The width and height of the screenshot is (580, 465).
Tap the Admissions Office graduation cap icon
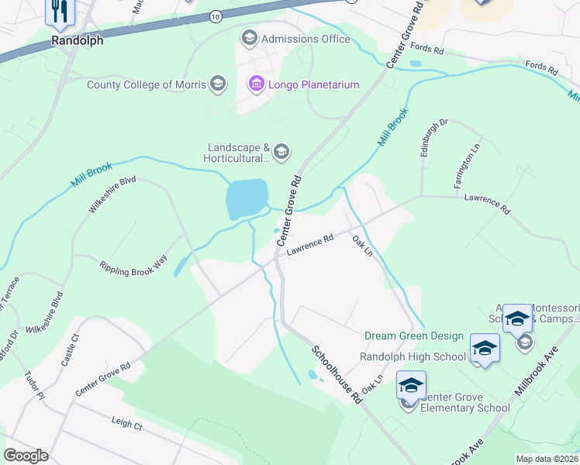click(x=249, y=37)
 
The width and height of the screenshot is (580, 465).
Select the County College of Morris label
click(x=146, y=84)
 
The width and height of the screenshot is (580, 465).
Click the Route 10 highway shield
click(x=215, y=15)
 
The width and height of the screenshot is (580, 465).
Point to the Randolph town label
click(x=77, y=41)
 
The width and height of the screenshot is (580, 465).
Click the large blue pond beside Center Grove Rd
click(x=247, y=198)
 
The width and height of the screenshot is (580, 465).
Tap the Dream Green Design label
click(x=414, y=336)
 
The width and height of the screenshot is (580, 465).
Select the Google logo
click(x=26, y=456)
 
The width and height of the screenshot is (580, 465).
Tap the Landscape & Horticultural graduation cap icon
click(x=281, y=151)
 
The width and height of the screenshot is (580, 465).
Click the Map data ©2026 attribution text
click(x=547, y=458)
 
